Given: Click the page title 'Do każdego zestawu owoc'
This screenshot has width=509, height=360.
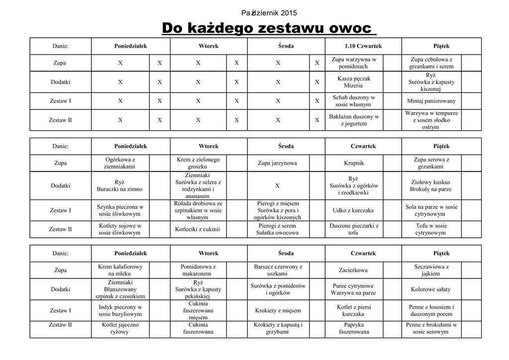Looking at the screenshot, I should [268, 28].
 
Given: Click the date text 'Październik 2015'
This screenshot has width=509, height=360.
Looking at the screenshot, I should [269, 13].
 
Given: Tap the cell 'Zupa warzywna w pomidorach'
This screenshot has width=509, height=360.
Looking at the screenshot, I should [353, 63].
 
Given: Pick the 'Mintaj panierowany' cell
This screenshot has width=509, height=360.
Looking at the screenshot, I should [431, 101].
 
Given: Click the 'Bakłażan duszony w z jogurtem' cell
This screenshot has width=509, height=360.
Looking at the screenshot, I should [353, 120].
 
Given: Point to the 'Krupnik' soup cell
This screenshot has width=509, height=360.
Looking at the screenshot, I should [354, 163].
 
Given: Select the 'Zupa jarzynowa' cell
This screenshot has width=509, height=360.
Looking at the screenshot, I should [277, 163].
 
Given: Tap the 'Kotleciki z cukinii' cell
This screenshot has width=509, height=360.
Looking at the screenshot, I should [197, 229].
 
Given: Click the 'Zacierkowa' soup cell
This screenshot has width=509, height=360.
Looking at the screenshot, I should [353, 270].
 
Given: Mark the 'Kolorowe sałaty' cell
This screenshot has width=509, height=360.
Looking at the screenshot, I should [431, 289].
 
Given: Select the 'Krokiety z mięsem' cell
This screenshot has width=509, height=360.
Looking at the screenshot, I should [278, 311].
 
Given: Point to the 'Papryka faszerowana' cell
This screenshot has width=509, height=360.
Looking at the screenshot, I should [353, 328].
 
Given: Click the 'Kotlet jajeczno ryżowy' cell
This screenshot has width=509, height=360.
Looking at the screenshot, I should [120, 328].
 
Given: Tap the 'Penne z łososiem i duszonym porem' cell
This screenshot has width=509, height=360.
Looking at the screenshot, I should [431, 311].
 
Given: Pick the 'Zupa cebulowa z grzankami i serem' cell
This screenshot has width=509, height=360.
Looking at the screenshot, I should [431, 63].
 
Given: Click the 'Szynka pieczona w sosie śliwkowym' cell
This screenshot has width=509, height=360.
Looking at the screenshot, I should [120, 210].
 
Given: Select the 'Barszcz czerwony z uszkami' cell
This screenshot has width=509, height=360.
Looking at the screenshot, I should [278, 270].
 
